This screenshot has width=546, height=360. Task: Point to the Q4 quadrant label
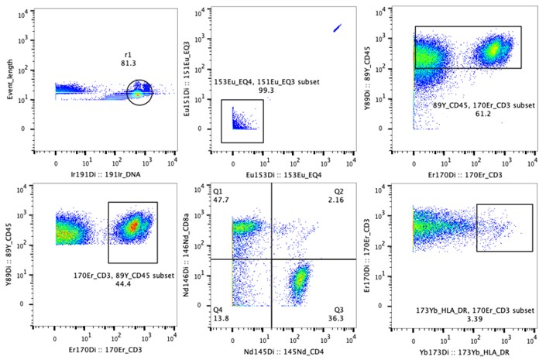coord(218,308)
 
